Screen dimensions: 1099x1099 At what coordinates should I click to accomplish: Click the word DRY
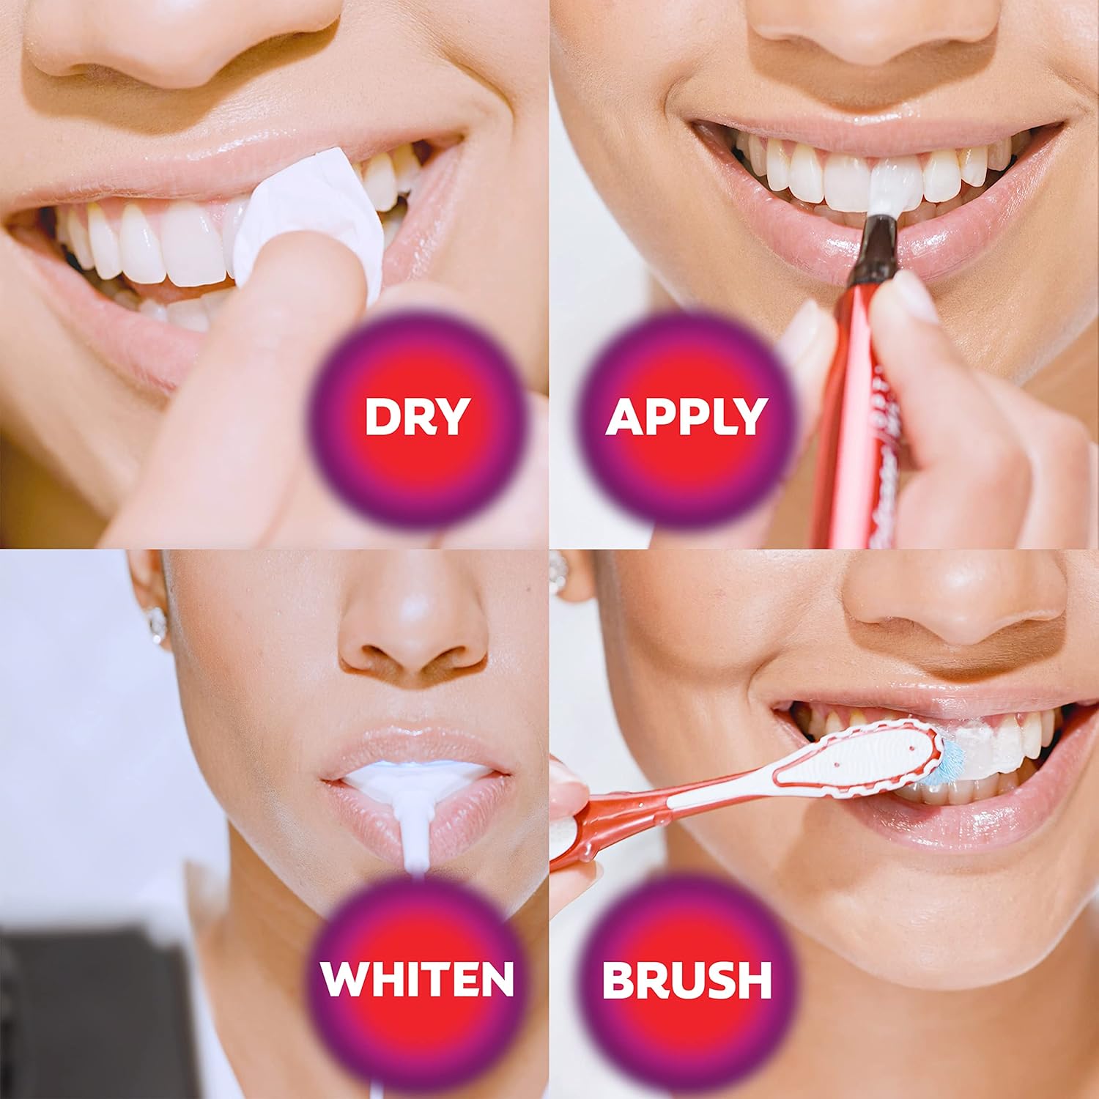coord(416,416)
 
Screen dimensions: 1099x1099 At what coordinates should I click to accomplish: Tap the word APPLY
coord(686,416)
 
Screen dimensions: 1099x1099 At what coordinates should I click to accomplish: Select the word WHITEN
coord(417,978)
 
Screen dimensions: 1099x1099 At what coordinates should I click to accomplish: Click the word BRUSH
coord(687,979)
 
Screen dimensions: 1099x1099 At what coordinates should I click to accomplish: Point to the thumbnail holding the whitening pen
coord(916,293)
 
